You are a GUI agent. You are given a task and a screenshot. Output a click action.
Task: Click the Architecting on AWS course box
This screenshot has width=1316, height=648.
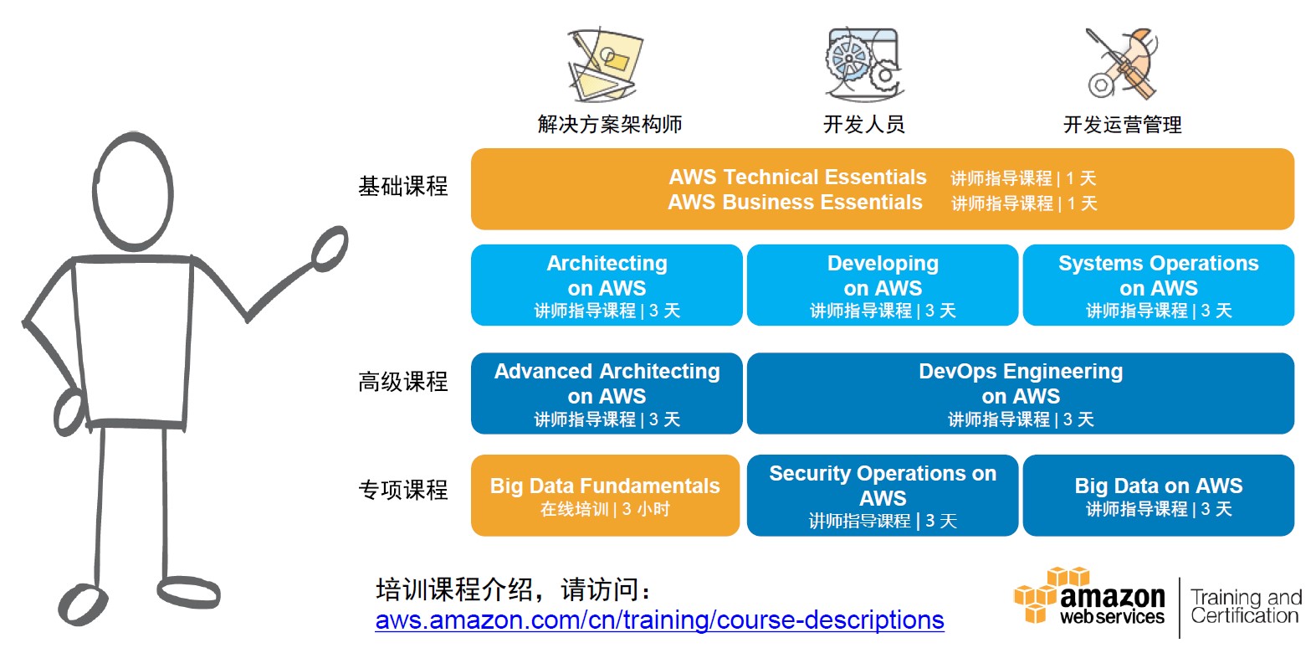coord(607,285)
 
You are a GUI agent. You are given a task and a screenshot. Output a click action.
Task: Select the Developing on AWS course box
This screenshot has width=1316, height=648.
coord(883,285)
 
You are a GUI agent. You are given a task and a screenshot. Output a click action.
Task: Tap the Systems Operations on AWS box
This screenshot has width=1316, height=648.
coord(1159,285)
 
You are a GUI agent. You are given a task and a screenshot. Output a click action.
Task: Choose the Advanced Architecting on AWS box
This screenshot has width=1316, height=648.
coord(607,393)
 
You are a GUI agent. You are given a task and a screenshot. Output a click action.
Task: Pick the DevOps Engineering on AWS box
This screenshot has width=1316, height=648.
coord(1021,393)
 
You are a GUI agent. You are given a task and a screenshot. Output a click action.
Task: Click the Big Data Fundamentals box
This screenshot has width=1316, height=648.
coord(605,495)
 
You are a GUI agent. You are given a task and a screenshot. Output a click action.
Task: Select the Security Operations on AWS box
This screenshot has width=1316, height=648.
coord(883,495)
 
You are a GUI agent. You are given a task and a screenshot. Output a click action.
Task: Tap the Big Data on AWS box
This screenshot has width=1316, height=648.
coord(1159,495)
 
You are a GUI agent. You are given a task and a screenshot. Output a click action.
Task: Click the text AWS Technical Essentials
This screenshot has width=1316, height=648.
coord(797,177)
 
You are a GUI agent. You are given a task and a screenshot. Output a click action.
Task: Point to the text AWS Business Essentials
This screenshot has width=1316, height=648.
coord(795,203)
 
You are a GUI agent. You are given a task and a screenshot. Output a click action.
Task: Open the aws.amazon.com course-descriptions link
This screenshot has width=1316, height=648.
coord(659,620)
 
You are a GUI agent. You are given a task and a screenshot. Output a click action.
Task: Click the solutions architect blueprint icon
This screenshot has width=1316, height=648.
coord(605,64)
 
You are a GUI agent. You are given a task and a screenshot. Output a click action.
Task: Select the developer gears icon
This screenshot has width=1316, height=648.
coord(863,64)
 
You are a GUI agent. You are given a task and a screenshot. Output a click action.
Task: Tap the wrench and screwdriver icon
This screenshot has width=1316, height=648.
coord(1122,64)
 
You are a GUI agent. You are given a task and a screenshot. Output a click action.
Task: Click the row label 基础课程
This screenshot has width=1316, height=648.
coord(403,187)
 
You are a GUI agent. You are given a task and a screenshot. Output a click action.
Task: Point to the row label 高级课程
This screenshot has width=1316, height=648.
coord(403,382)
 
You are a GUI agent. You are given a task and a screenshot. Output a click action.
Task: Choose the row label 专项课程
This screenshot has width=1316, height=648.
coord(403,490)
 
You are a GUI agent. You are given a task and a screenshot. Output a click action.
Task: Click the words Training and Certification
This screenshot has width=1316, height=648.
coord(1246,606)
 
